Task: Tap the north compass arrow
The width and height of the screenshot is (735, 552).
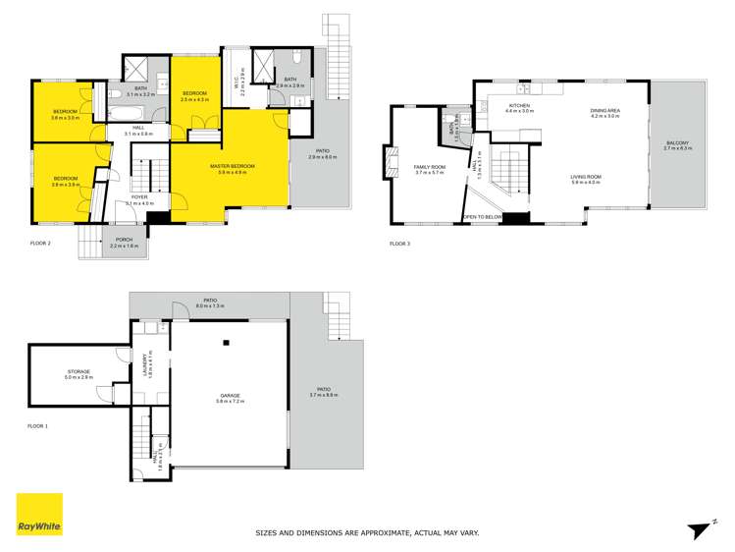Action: point(698,528)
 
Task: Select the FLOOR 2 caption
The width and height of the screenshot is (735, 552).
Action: point(39,242)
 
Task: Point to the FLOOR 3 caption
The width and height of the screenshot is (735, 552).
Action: point(400,242)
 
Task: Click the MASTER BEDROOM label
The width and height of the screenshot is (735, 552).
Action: point(233,167)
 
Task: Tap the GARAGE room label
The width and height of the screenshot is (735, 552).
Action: point(230,396)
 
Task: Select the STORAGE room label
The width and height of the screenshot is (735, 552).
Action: point(78,372)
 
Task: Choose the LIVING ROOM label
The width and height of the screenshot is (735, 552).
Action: point(587,177)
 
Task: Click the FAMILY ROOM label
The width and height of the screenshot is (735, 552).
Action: point(430,167)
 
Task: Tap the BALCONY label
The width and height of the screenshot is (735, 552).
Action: point(677,143)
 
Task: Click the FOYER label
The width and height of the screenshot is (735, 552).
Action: point(139,197)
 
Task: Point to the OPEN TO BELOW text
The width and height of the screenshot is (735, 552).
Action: point(483,216)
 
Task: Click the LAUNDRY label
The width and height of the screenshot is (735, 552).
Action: point(147,365)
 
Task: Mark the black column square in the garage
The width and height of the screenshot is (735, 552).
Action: point(226,343)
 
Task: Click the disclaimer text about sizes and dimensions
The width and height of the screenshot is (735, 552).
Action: point(367,533)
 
